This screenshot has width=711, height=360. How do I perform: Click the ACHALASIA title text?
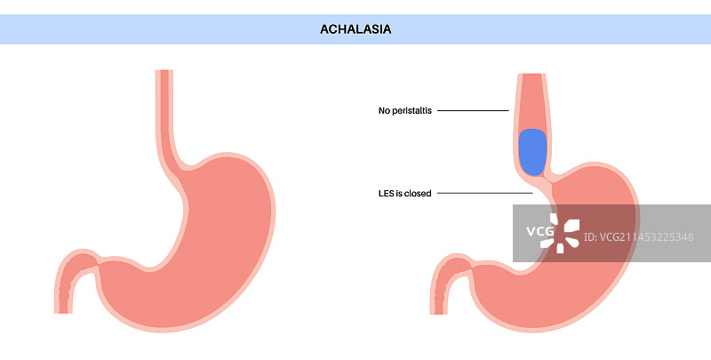[355, 29]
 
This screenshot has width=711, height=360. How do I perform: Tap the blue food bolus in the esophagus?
[532, 151]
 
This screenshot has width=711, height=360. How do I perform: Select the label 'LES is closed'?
[404, 194]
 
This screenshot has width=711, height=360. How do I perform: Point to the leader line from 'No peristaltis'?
[472, 111]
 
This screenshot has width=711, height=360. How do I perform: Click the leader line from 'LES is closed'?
[484, 194]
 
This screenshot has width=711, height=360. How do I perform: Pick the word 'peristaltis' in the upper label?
[411, 111]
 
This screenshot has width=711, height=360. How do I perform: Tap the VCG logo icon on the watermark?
[564, 233]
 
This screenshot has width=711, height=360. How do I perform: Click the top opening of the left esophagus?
[165, 71]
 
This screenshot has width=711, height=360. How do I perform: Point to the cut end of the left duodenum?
[63, 311]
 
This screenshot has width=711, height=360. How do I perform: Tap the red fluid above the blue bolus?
[532, 102]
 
